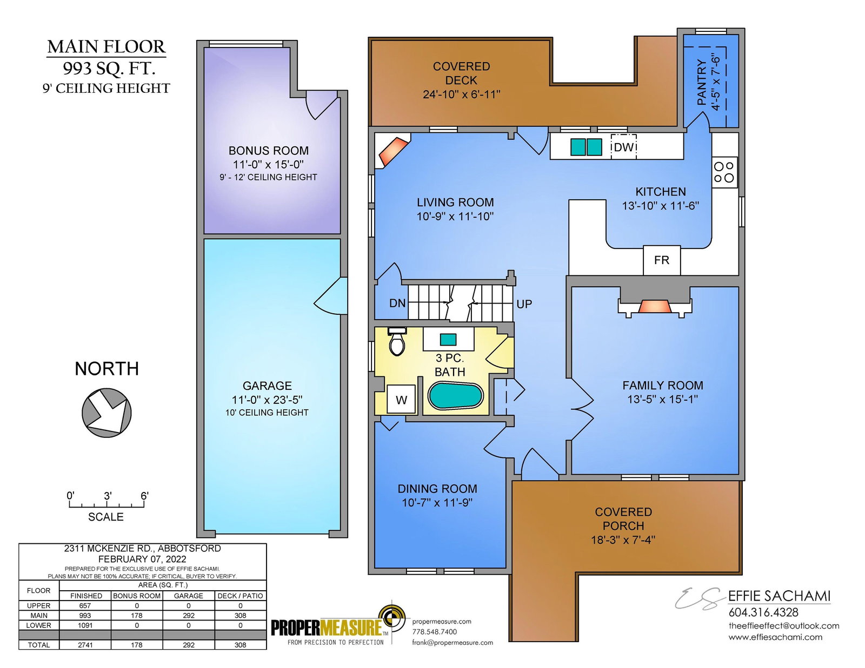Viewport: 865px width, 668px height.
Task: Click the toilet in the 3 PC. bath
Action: click(x=397, y=341)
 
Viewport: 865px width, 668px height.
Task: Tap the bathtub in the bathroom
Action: click(x=455, y=396)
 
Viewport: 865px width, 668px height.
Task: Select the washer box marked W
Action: click(x=401, y=399)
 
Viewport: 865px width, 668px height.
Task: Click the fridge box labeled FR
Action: click(x=661, y=260)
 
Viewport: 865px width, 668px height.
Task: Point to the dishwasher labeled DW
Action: click(x=623, y=147)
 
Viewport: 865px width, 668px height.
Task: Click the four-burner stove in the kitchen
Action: click(x=724, y=172)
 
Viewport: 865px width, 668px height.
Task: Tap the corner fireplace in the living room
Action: click(x=392, y=151)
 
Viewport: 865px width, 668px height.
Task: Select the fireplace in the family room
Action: click(x=654, y=302)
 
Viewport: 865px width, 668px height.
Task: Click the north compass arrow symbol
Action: click(x=107, y=413)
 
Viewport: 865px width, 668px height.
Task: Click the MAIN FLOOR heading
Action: click(x=106, y=46)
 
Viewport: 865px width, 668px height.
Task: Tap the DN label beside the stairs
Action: click(x=397, y=303)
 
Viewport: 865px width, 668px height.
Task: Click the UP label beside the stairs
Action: click(x=524, y=304)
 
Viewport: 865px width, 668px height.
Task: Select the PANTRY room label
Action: click(x=701, y=82)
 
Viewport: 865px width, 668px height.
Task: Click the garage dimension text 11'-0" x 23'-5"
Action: click(x=267, y=400)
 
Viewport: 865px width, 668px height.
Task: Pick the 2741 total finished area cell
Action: click(x=85, y=645)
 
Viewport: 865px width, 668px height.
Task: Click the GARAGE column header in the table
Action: click(x=189, y=596)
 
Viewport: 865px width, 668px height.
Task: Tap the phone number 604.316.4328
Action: click(x=763, y=612)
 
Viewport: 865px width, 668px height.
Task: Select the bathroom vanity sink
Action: click(x=448, y=340)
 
